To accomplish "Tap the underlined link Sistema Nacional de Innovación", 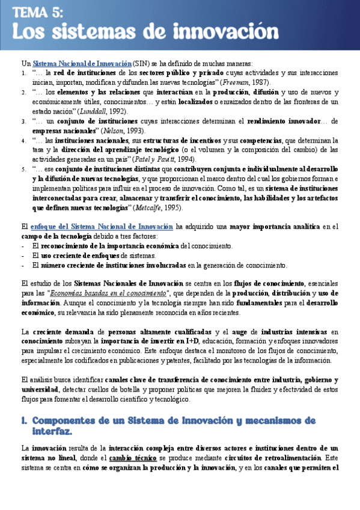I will point(82,63).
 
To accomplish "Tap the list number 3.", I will point(23,121).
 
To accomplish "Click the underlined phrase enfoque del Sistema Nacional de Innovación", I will point(100,227).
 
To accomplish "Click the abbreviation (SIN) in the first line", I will point(142,63).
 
